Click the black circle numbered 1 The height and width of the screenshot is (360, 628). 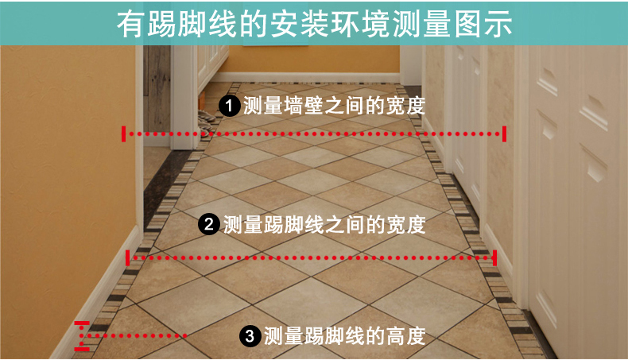[x=229, y=106]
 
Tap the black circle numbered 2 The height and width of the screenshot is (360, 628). [x=209, y=224]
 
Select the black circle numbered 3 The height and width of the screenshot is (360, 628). [x=250, y=335]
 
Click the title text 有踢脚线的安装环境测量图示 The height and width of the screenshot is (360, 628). [x=315, y=24]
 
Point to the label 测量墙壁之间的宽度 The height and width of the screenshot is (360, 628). [x=334, y=106]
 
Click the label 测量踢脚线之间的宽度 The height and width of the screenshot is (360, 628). [x=324, y=224]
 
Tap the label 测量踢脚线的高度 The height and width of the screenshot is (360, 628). [x=344, y=335]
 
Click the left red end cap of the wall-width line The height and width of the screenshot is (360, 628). [x=124, y=134]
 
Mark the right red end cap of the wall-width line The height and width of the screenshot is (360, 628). [x=504, y=134]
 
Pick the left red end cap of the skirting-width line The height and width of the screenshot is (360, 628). [x=127, y=258]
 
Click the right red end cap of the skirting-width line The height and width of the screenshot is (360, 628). [x=495, y=258]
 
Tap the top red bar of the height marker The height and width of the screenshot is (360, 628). [x=82, y=323]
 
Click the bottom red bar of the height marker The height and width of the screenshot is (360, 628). [x=82, y=349]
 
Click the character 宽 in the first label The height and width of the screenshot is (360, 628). [x=395, y=106]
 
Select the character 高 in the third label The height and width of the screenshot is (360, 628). [x=395, y=335]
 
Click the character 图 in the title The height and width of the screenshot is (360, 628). [x=467, y=24]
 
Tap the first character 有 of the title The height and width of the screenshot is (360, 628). [x=131, y=24]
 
